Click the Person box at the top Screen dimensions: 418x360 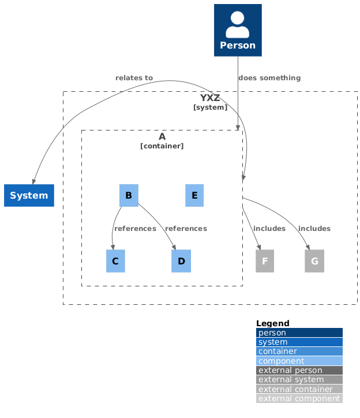[238, 31]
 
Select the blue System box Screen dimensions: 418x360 [29, 195]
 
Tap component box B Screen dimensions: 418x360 [128, 195]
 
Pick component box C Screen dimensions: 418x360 [115, 261]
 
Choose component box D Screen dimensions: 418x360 [181, 261]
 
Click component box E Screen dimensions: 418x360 [194, 195]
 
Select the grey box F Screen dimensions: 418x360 [265, 261]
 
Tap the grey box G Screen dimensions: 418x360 [314, 261]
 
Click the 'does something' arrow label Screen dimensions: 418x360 [269, 77]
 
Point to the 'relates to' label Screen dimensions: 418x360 [134, 77]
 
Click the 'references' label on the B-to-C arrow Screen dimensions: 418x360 [135, 229]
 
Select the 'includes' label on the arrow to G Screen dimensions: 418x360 [314, 229]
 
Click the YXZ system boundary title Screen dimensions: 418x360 [210, 98]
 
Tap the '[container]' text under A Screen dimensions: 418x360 [162, 146]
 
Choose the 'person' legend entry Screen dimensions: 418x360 [299, 333]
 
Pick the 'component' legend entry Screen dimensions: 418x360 [299, 361]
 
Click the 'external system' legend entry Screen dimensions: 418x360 [299, 379]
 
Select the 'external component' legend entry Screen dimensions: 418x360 [299, 398]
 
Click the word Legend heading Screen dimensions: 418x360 [273, 323]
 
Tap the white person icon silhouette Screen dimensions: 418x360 [238, 24]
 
